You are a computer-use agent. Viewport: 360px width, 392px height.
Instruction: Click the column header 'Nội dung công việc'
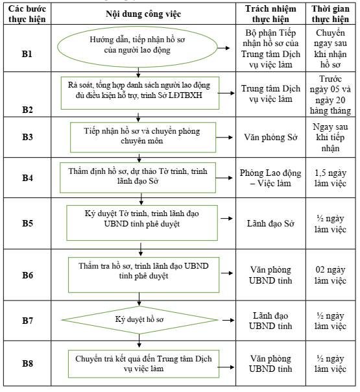(x=143, y=14)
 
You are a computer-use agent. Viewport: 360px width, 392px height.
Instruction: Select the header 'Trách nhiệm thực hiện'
(x=270, y=14)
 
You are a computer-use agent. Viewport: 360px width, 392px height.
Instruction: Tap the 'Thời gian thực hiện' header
(x=330, y=14)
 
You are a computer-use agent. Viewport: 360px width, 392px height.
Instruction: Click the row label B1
(x=27, y=54)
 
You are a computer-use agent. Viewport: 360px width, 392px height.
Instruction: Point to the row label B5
(x=27, y=223)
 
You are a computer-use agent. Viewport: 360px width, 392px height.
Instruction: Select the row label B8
(x=27, y=363)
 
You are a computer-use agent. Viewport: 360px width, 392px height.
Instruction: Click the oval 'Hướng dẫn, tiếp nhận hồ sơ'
(x=138, y=47)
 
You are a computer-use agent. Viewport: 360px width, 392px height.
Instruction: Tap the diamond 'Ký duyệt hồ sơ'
(x=139, y=320)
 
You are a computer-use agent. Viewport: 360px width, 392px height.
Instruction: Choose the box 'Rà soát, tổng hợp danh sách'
(x=140, y=93)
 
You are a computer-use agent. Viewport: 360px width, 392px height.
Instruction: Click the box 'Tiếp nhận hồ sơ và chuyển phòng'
(x=143, y=137)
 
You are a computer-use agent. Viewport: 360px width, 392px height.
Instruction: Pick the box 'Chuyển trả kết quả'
(x=143, y=363)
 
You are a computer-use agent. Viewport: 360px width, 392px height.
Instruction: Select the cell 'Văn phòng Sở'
(x=270, y=137)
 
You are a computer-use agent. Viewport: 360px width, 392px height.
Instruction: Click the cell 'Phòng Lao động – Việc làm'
(x=270, y=178)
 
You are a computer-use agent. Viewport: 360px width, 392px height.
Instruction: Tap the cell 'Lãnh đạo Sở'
(x=270, y=223)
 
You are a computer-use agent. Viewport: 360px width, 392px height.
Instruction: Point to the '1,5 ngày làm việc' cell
(x=330, y=178)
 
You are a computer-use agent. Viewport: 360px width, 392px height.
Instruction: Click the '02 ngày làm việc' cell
(x=330, y=275)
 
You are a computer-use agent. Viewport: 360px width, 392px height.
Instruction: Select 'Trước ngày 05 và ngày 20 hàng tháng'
(x=330, y=95)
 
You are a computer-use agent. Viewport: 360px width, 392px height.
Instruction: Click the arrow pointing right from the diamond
(x=228, y=320)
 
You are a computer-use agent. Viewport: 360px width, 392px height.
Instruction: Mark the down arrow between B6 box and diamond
(x=139, y=299)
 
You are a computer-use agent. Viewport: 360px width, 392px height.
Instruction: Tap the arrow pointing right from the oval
(x=224, y=48)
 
